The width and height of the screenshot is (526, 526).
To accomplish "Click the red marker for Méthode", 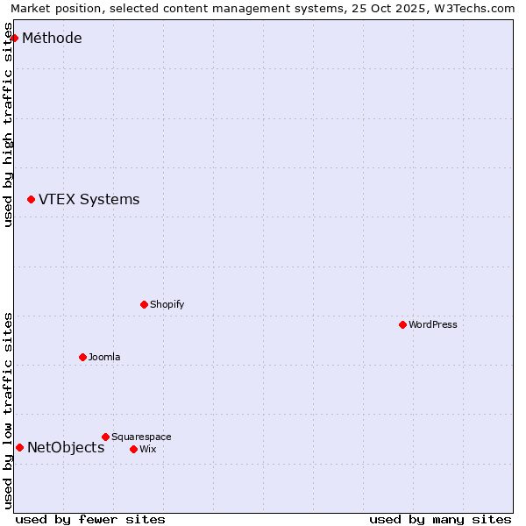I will tap(14, 38).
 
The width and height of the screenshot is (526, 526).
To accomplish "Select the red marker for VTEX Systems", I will tap(31, 200).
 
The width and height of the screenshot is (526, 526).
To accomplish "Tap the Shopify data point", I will tap(144, 304).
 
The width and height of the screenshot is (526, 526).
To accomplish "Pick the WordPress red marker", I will tap(402, 324).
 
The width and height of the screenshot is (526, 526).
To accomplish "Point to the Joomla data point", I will tap(82, 357).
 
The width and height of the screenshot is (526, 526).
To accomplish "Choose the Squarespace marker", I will tap(105, 437).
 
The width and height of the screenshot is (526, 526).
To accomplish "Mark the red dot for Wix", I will tap(133, 449).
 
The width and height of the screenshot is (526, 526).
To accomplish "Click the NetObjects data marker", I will tap(19, 447).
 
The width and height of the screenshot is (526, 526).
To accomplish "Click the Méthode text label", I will tap(52, 38).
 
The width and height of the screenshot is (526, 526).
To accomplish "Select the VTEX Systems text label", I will tap(89, 200).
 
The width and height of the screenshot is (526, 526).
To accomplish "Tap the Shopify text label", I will tap(167, 304).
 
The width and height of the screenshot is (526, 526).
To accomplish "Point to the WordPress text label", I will tap(432, 324).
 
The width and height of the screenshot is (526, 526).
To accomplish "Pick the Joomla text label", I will tap(104, 357).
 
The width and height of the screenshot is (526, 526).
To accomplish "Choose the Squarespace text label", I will tap(141, 437).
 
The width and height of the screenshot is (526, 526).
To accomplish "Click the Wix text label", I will tap(147, 449).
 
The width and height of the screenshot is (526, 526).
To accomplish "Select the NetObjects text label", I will tap(66, 447).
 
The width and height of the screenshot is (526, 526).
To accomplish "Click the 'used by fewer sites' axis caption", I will tap(90, 519).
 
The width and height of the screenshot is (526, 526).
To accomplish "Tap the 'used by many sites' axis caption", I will tap(440, 519).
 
